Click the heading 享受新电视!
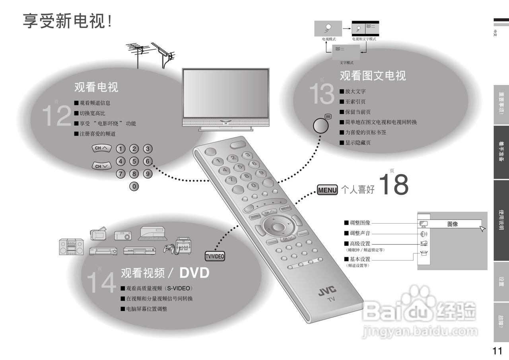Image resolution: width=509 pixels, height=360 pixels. pos(68,21)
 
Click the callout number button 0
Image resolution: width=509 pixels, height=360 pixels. pos(135,186)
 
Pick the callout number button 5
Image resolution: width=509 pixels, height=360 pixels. pos(134,161)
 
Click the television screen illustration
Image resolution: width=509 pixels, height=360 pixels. pos(225,93)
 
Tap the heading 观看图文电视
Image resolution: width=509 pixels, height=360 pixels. pos(373,76)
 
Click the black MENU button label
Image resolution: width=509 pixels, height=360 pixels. pos(327,190)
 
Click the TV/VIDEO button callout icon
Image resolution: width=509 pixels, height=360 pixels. pos(215,256)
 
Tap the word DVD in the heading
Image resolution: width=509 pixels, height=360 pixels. pos(194,273)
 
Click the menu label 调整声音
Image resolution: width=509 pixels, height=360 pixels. pos(359,233)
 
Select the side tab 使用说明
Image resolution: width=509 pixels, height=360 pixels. pos(501,220)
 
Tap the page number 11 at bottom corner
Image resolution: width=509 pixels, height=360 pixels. pos(497,351)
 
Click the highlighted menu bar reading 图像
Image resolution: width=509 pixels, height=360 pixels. pos(453,224)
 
